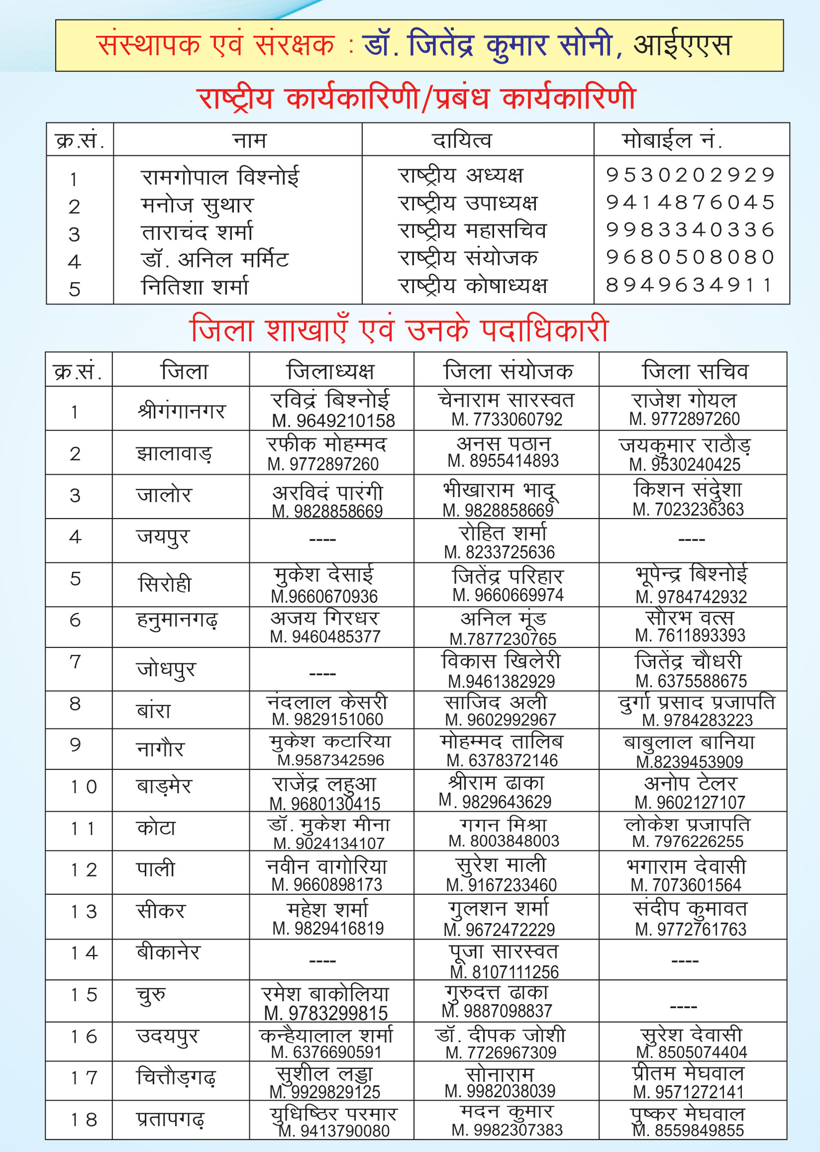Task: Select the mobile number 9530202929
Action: coord(690,175)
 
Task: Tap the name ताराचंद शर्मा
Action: coord(197,232)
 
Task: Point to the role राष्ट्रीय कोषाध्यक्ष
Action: coord(473,286)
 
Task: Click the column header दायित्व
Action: coord(462,140)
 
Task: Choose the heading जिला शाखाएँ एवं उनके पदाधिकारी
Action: coord(400,330)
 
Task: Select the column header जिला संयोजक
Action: coord(508,371)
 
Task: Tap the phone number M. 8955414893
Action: coord(503,461)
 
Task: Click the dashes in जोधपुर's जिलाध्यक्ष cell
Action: coord(322,674)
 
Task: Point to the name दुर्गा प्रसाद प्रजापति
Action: coord(696,703)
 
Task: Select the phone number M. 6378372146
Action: coord(502,760)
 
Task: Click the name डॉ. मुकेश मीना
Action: coord(329,825)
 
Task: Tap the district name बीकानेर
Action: coord(168,952)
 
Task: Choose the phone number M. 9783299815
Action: coord(326,1013)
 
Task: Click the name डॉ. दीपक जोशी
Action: coord(501,1035)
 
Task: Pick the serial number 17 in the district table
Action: coord(83,1078)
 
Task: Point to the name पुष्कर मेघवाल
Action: coord(687,1114)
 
